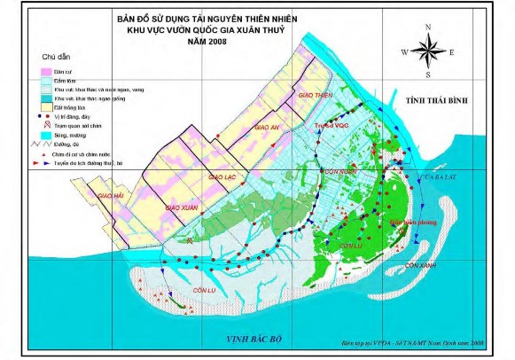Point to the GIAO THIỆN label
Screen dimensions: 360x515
coord(316,94)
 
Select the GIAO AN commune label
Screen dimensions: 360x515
coord(267,127)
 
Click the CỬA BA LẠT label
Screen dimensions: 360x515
coord(441,179)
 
